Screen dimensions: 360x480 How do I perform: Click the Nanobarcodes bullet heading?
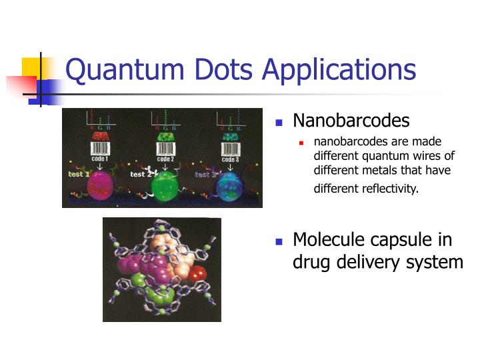351,121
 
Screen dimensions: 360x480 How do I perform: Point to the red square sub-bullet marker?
302,142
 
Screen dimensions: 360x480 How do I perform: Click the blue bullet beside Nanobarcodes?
279,122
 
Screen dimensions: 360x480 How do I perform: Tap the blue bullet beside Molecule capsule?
279,241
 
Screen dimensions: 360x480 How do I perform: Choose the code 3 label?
229,159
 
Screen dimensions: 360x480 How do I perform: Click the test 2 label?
141,174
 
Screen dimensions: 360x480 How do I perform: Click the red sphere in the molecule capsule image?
197,274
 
